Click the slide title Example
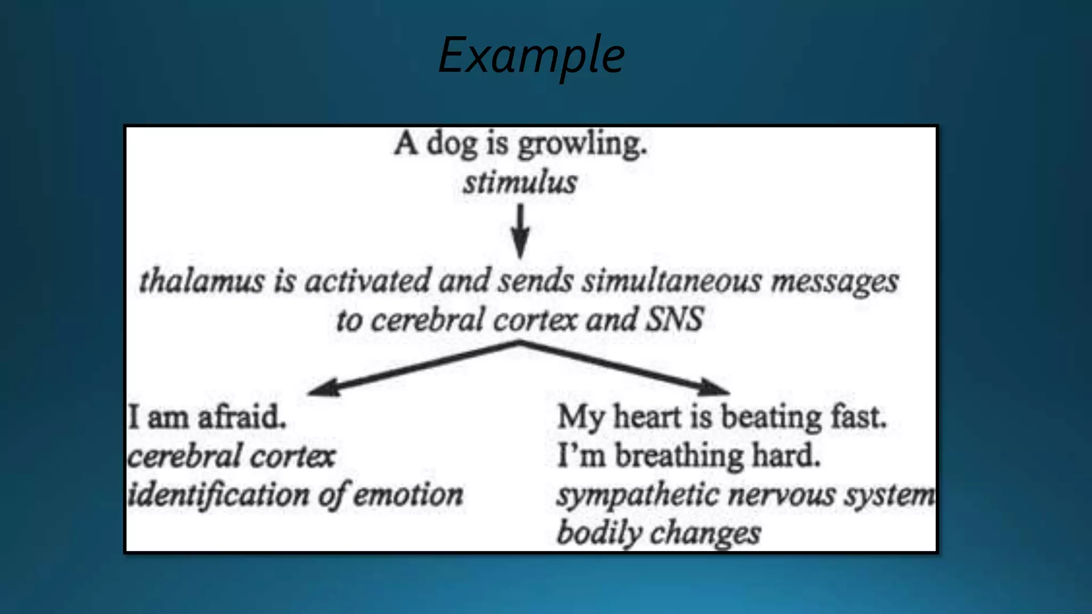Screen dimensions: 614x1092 click(531, 55)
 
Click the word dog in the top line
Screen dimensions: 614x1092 click(452, 144)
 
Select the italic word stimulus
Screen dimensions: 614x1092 click(520, 182)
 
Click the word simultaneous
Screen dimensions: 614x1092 click(671, 281)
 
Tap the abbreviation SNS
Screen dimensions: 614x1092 click(675, 319)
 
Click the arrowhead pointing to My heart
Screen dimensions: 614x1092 click(714, 387)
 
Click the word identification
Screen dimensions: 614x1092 click(219, 495)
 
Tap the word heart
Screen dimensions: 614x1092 click(647, 417)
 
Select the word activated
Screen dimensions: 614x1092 click(367, 281)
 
